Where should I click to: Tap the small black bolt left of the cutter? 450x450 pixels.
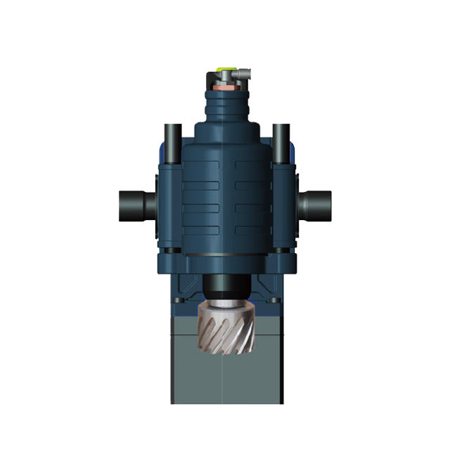click(x=177, y=304)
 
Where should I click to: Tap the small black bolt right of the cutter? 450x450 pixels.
click(x=274, y=304)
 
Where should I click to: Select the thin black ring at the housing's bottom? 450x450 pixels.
click(x=224, y=255)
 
